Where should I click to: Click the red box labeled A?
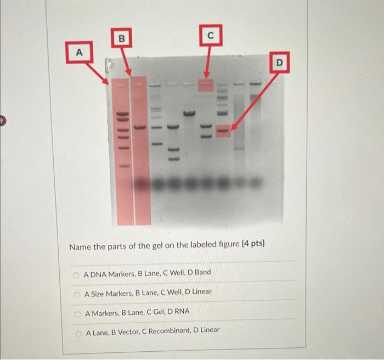point(78,52)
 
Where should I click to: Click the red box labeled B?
point(122,38)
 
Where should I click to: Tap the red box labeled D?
point(279,64)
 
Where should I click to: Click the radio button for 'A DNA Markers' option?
point(77,273)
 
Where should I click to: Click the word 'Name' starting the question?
point(80,246)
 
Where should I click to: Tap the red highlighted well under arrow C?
point(205,86)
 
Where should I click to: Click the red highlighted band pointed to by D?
point(223,131)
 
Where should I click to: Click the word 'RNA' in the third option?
point(181,311)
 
